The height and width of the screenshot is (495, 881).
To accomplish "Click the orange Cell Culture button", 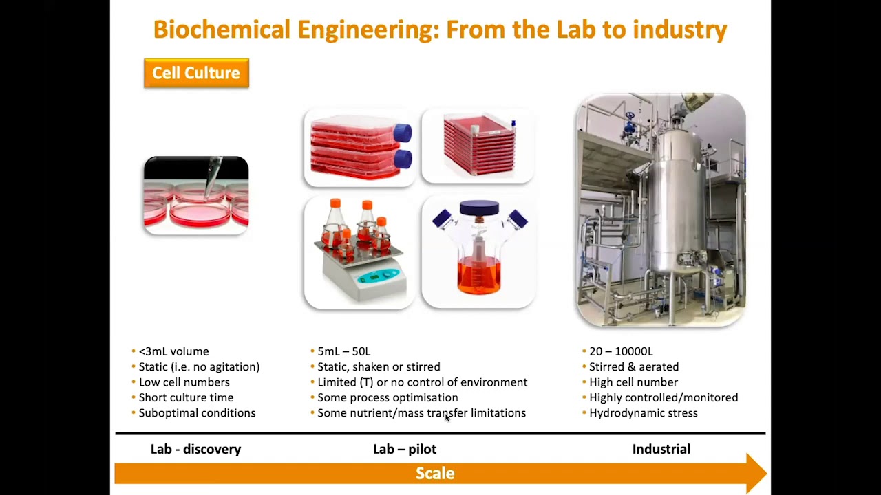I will pos(196,73).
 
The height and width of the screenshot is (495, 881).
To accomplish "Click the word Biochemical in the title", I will pos(222,30).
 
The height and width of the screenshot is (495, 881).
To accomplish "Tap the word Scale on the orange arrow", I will pos(435,473).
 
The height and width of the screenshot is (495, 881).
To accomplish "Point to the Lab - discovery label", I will pos(195,449).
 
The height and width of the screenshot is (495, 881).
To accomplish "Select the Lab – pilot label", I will pos(405,449).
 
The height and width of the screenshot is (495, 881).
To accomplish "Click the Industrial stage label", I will pos(661,449).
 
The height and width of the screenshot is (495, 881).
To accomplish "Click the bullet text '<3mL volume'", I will pos(173,351).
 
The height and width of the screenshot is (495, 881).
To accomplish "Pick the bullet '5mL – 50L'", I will pos(343,351).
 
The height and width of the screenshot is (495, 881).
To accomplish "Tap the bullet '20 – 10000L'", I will pos(621,351).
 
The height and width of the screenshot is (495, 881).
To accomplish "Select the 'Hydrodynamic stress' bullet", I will pos(643,412).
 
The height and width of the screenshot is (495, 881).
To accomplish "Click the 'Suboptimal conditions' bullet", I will pos(197,412).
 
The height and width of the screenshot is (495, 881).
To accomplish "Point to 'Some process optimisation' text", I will pos(388,397).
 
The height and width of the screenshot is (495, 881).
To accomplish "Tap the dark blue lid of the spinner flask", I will pos(479,208).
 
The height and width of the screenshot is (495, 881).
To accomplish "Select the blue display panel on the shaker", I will pos(378,276).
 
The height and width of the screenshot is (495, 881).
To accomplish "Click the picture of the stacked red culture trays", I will pos(478,146).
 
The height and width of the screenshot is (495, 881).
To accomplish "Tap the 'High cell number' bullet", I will pos(633,382).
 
